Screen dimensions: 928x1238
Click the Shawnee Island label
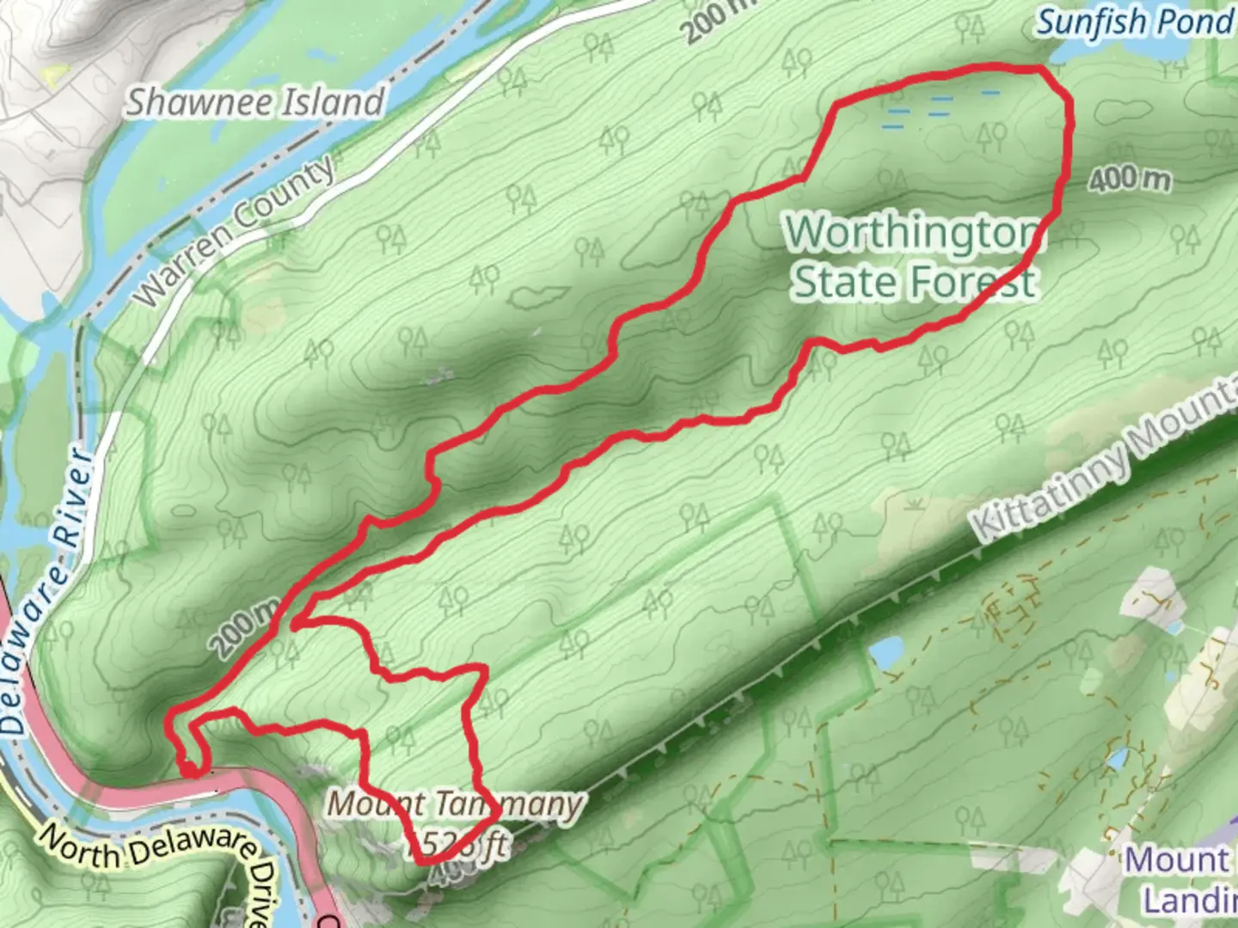tap(255, 102)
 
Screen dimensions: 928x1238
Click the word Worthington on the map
tap(913, 232)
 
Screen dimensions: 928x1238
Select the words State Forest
tap(913, 282)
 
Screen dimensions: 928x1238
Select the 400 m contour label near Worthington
tap(1129, 180)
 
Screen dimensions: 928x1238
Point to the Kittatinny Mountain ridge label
tap(1109, 464)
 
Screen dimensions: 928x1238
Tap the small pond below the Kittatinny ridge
tap(885, 653)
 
